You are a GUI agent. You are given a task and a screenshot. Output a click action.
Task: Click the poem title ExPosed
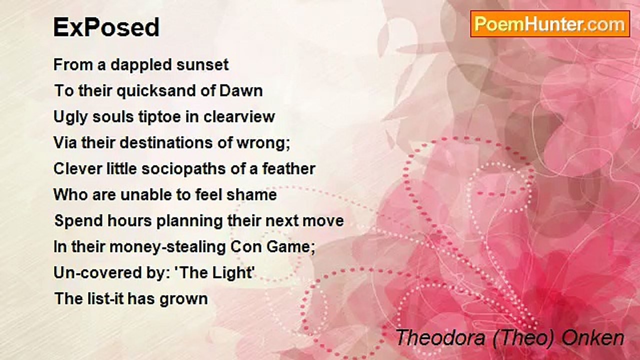click(106, 27)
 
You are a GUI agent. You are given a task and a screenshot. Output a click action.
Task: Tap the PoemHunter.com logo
click(550, 24)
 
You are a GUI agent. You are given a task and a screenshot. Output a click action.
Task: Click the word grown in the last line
click(185, 299)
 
